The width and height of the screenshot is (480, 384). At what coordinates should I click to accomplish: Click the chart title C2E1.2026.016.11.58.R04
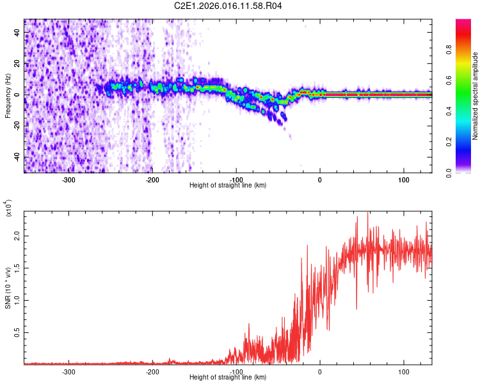[x=228, y=6]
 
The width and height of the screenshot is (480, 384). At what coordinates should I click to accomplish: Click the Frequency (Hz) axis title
[x=8, y=96]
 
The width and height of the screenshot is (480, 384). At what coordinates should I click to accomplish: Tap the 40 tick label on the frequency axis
[x=17, y=32]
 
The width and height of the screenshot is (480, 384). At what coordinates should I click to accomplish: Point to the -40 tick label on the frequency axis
[x=15, y=157]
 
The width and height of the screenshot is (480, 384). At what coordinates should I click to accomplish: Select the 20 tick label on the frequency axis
[x=17, y=63]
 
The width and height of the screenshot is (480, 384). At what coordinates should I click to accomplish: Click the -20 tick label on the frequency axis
[x=15, y=126]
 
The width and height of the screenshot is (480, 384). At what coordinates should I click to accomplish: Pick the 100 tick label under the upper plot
[x=404, y=180]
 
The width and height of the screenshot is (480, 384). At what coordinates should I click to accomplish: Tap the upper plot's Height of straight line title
[x=228, y=186]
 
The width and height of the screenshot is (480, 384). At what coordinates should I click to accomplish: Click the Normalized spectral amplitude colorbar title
[x=476, y=96]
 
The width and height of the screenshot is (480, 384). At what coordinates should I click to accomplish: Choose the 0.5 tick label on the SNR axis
[x=17, y=333]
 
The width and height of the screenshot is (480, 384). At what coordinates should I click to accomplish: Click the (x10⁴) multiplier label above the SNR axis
[x=9, y=209]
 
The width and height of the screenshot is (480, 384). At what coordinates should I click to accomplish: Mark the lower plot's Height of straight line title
[x=228, y=378]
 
